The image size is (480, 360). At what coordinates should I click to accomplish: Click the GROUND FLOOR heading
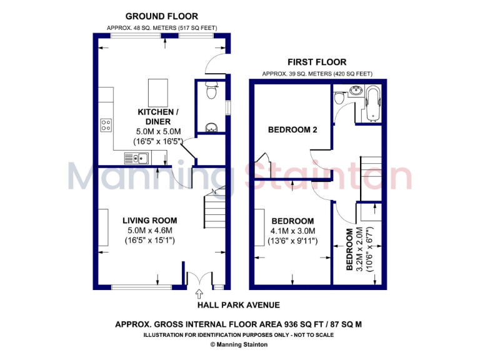[162, 16]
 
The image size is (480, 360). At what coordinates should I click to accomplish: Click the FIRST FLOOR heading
[316, 62]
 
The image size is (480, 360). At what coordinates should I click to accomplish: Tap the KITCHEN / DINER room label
[158, 116]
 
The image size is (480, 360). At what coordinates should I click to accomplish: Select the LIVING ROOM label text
[149, 221]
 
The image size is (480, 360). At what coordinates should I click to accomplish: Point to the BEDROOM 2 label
[292, 130]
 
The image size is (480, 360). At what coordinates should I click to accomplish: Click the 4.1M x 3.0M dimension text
[292, 231]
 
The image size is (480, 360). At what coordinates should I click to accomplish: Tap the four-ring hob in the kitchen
[106, 125]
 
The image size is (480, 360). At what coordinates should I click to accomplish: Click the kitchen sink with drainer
[136, 158]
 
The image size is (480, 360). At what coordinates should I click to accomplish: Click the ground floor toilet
[211, 92]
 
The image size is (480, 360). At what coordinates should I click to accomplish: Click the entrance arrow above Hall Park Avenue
[199, 293]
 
